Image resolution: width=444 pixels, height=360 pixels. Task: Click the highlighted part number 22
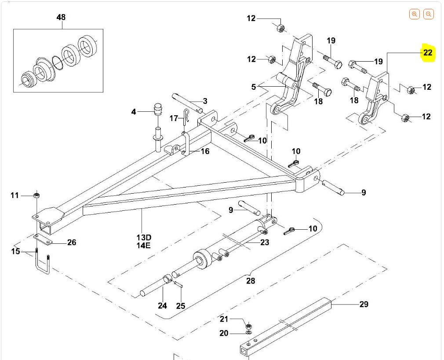click(428, 53)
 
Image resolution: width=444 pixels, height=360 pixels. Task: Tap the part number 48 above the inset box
click(61, 18)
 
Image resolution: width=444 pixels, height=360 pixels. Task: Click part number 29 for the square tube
click(364, 304)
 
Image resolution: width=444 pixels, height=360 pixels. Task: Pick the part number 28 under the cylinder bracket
click(251, 281)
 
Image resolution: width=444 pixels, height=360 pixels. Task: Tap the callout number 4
click(134, 112)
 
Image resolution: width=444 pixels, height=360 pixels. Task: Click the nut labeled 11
click(37, 195)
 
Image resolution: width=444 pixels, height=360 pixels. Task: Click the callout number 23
click(265, 242)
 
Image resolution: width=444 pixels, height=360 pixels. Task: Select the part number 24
click(162, 306)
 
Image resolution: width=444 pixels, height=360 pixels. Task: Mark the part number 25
click(181, 306)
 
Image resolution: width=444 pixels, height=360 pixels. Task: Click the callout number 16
click(205, 151)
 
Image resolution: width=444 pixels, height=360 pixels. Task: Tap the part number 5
click(254, 87)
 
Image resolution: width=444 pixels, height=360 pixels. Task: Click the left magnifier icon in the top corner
click(414, 14)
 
